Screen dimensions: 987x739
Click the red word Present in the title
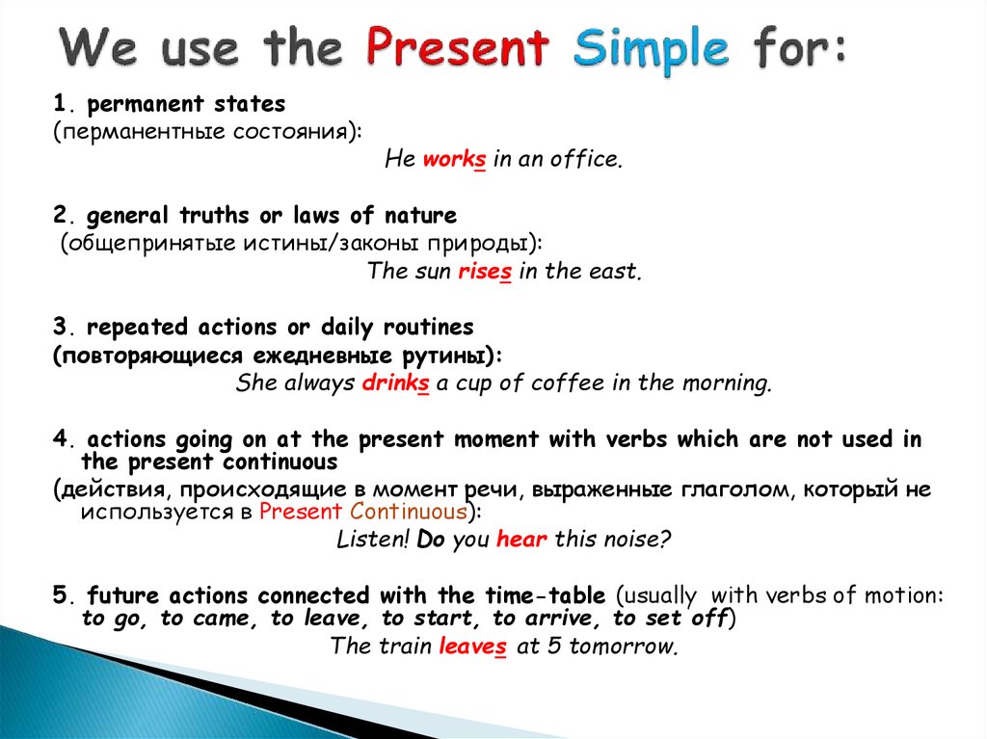tap(458, 46)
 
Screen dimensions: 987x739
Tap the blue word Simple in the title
tap(652, 50)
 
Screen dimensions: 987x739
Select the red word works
tap(455, 159)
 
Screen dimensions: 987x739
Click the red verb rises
tap(485, 272)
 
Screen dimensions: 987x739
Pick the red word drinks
tap(396, 383)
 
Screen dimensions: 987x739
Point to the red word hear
tap(521, 539)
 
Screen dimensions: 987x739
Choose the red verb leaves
tap(472, 646)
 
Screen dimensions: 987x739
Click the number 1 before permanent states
tap(60, 102)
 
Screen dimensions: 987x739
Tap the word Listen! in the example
tap(373, 539)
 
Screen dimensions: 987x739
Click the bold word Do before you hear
tap(431, 540)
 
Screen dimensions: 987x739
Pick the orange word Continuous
tap(409, 511)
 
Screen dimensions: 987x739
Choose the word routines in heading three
tap(428, 328)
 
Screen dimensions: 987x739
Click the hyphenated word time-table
tap(546, 594)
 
